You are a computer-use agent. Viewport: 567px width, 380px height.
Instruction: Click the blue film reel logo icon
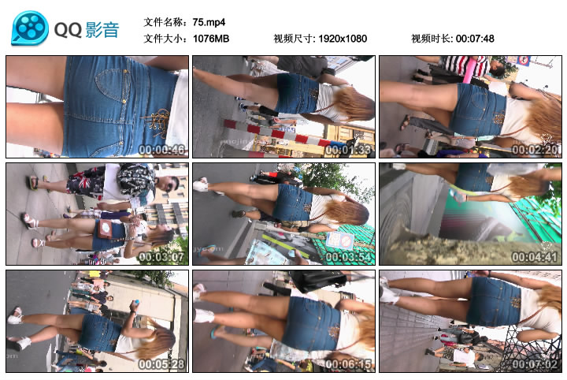tap(30, 28)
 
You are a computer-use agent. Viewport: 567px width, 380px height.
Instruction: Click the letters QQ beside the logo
tap(68, 29)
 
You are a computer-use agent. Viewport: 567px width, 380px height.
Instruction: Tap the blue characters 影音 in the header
tap(102, 29)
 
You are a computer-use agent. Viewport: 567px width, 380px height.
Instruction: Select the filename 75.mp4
tap(209, 22)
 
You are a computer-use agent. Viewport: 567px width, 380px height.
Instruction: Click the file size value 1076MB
tap(211, 39)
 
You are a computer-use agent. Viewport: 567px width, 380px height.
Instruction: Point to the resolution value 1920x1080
tap(343, 39)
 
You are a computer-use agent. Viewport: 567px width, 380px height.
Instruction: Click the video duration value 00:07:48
tap(475, 39)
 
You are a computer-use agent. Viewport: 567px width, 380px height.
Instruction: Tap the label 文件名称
tap(164, 22)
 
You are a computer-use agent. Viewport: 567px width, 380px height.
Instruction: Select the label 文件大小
tap(164, 39)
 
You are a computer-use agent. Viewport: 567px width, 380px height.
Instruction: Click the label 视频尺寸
tap(293, 39)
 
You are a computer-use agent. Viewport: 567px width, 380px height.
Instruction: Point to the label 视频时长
tap(431, 39)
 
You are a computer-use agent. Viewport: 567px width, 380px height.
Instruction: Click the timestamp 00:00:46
tap(161, 150)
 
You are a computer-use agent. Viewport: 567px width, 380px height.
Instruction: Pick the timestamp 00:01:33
tap(348, 150)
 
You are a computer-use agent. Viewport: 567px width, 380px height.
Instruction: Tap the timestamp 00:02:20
tap(535, 150)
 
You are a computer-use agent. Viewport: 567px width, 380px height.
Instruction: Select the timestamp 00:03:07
tap(161, 257)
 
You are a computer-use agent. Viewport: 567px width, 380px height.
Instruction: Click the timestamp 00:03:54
tap(348, 257)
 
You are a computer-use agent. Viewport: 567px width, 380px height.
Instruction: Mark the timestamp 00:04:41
tap(535, 257)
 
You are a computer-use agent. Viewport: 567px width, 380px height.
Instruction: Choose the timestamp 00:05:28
tap(161, 364)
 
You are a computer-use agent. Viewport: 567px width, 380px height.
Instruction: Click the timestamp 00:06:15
tap(348, 364)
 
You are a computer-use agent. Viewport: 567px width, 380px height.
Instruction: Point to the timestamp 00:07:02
tap(535, 364)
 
